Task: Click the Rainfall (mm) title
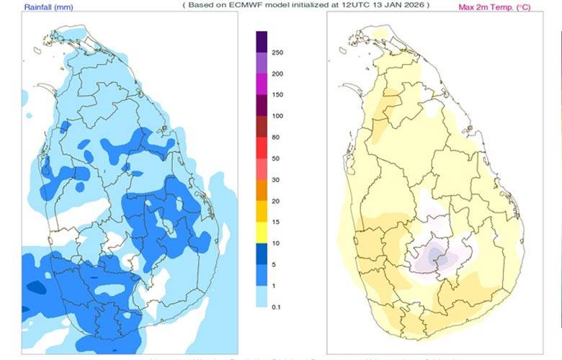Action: (48, 7)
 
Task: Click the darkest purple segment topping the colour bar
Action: (262, 41)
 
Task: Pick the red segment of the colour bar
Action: (262, 148)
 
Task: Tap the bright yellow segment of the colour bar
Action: (262, 233)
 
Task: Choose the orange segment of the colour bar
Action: (262, 190)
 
